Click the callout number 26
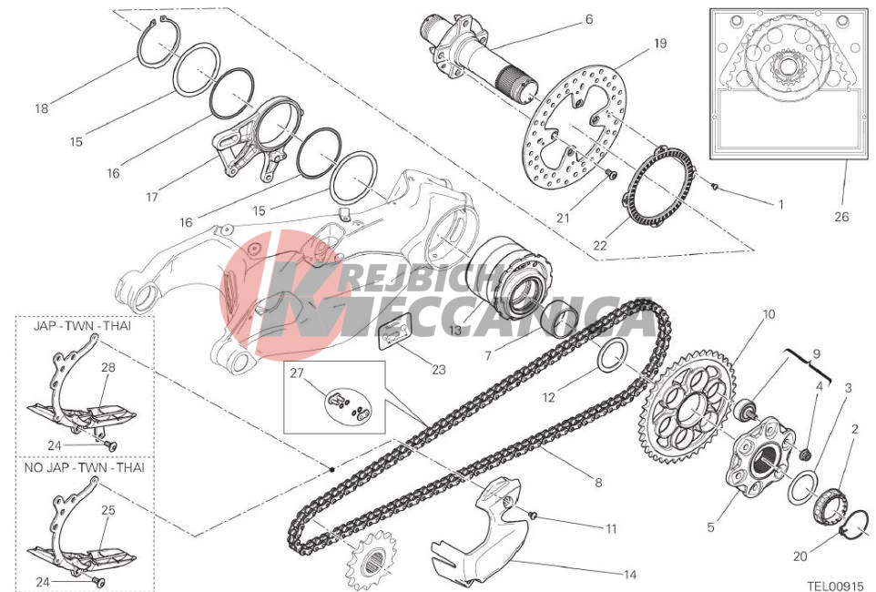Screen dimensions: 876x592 (x=840, y=217)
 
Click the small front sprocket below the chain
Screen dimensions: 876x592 (x=372, y=559)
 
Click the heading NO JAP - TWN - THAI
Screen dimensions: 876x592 (x=85, y=467)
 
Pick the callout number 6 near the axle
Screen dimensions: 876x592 (x=589, y=19)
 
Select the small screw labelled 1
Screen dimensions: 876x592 (x=714, y=185)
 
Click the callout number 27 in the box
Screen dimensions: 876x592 (x=296, y=373)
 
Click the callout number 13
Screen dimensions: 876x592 (x=455, y=330)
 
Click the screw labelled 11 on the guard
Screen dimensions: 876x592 (x=532, y=515)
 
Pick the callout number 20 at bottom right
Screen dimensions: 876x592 (x=800, y=556)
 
